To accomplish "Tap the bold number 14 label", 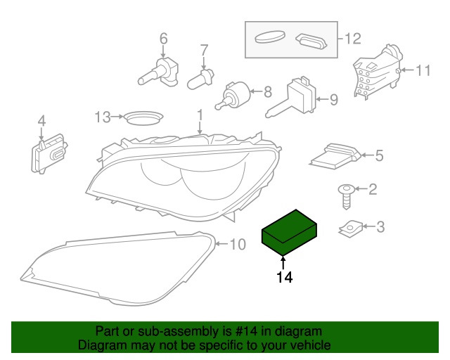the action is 284,277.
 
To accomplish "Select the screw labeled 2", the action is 347,197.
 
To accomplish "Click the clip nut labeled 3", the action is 351,229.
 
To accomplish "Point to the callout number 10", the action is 238,245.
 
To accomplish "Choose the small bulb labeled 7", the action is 200,78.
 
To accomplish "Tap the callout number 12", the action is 352,39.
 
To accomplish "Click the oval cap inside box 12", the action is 270,37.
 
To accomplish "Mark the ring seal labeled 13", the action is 143,117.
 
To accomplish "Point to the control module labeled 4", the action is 49,153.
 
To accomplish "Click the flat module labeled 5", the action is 335,157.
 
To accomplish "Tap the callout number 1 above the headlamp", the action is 200,115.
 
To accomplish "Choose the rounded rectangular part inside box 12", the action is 311,41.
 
